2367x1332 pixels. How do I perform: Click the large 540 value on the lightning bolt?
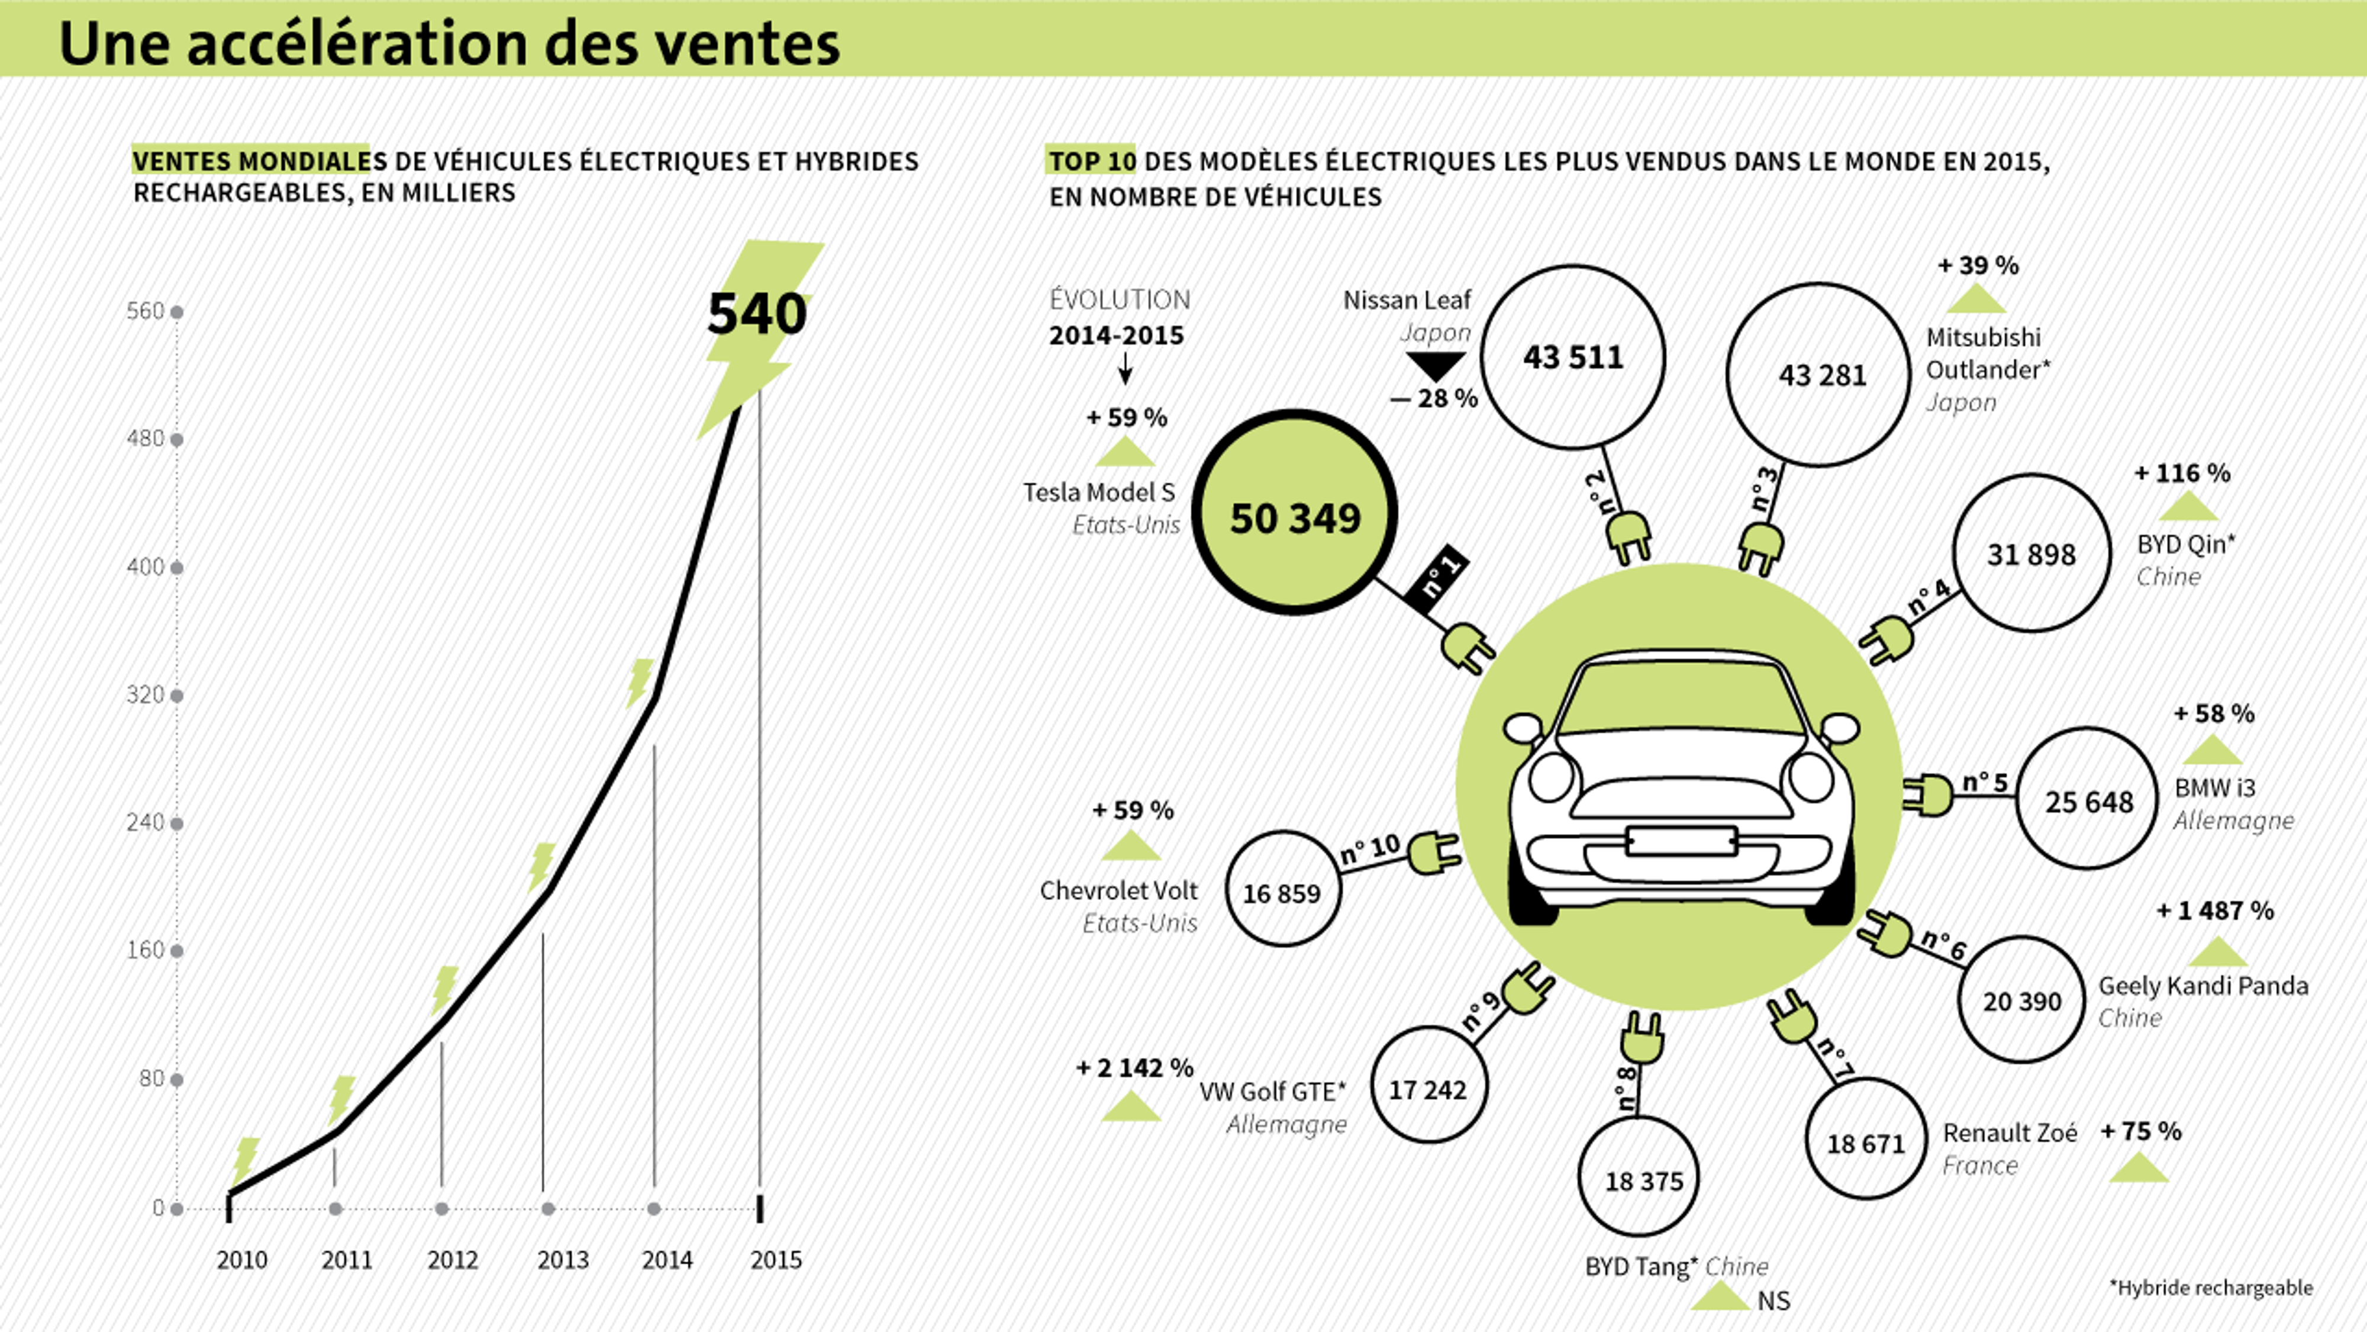(x=756, y=314)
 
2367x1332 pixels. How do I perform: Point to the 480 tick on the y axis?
(x=145, y=439)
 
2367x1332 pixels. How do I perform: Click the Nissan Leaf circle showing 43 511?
(x=1573, y=356)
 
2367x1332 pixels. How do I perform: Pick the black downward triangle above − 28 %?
(x=1435, y=366)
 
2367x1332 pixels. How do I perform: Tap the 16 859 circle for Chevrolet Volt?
(x=1283, y=890)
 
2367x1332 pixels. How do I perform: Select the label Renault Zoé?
(x=2010, y=1132)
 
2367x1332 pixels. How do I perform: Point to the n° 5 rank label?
(x=1985, y=781)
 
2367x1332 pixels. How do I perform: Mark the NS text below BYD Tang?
(x=1773, y=1301)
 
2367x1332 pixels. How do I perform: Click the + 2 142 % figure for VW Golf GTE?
(x=1134, y=1068)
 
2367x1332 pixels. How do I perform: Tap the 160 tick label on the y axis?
(x=145, y=950)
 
